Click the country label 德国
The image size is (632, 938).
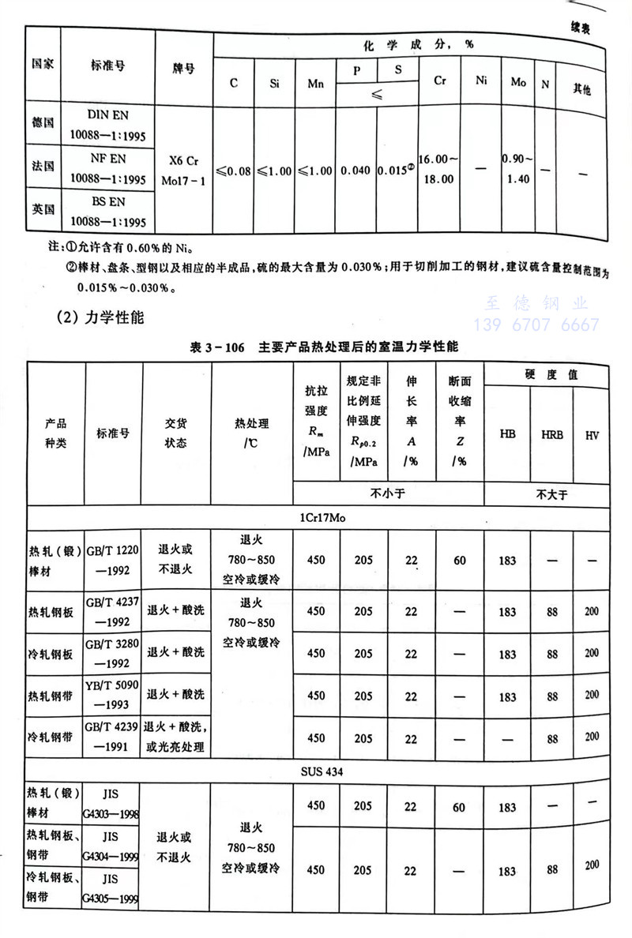[43, 125]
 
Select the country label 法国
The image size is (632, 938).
[43, 167]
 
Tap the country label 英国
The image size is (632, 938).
[43, 209]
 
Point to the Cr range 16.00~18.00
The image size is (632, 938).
[436, 168]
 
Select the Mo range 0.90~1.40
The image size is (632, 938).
[518, 168]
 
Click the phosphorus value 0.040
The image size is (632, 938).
[357, 169]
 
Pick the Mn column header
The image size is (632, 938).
[316, 81]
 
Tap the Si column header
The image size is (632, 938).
[274, 81]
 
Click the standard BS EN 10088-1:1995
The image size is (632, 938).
[103, 209]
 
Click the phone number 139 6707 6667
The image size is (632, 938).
[536, 325]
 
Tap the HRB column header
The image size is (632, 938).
[552, 433]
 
